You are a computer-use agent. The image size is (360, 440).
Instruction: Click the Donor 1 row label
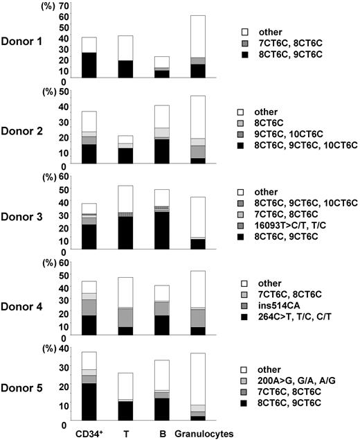click(25, 42)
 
